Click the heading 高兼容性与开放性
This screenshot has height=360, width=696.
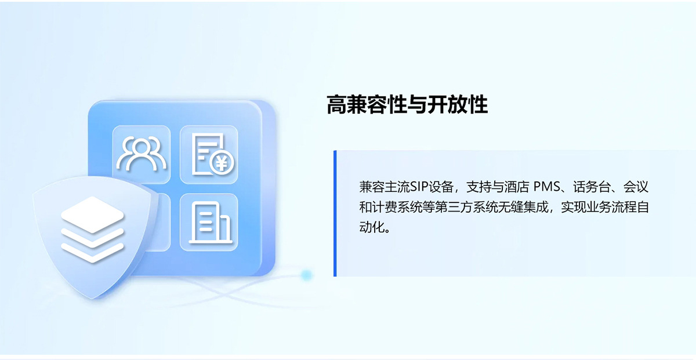point(407,105)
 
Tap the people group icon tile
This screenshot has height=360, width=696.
point(142,155)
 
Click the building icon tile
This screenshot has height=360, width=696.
point(209,222)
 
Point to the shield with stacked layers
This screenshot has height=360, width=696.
point(93,235)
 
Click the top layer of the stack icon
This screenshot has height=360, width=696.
point(93,210)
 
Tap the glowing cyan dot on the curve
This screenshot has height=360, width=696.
point(307,275)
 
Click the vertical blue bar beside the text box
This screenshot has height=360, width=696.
point(335,213)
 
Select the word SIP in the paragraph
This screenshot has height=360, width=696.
point(418,187)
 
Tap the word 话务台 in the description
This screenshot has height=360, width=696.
point(590,187)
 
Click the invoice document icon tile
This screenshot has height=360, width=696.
point(209,155)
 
